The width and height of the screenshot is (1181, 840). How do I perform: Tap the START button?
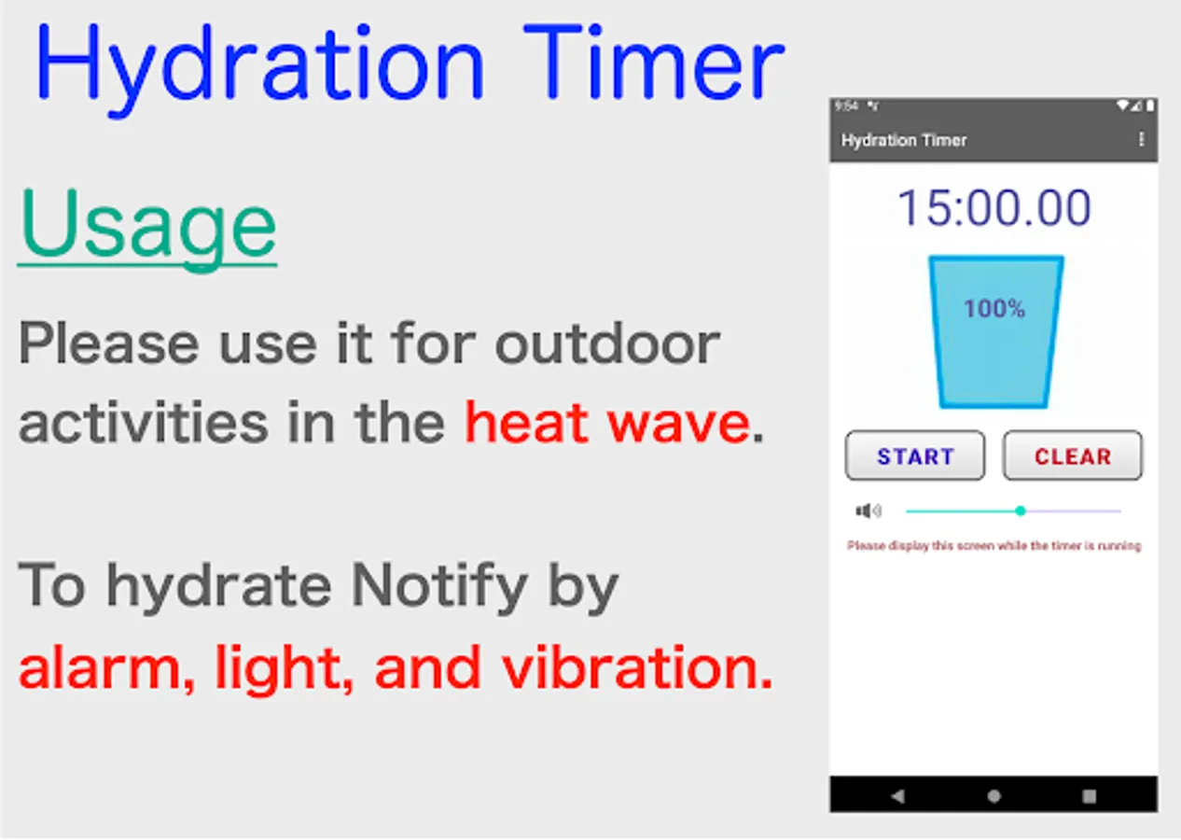tap(915, 455)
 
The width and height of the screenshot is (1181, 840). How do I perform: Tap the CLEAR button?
tap(1073, 455)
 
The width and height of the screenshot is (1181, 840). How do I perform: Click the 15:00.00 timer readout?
tap(993, 208)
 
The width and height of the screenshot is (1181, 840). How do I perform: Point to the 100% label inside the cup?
tap(994, 309)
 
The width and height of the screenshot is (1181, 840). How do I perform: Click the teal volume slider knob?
tap(1021, 511)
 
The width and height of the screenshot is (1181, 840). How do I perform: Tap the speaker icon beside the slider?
tap(868, 511)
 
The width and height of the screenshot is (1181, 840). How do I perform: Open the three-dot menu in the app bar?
tap(1141, 140)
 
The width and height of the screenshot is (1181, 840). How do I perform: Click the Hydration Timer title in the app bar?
tap(904, 140)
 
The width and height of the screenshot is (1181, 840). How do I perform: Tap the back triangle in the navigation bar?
tap(897, 796)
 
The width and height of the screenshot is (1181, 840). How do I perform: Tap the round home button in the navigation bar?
tap(993, 796)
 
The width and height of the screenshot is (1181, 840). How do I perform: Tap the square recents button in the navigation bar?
tap(1090, 796)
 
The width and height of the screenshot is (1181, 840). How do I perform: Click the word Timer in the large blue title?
tap(654, 62)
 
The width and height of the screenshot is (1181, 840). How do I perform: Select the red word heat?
tap(526, 423)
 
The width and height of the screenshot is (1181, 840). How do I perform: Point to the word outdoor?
tap(607, 343)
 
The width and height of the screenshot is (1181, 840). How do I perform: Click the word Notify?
tap(439, 587)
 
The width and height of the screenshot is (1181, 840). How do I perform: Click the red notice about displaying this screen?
tap(993, 546)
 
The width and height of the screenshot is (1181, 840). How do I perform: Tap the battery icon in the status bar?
tap(1150, 106)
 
